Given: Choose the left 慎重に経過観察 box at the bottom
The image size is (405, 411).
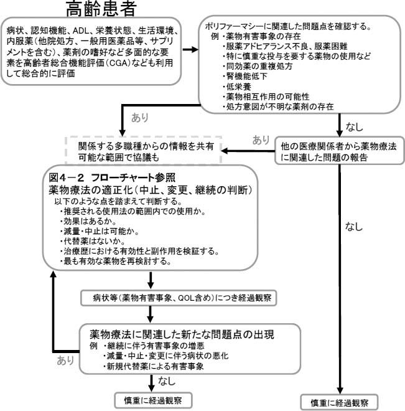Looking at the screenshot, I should click(x=152, y=399).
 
